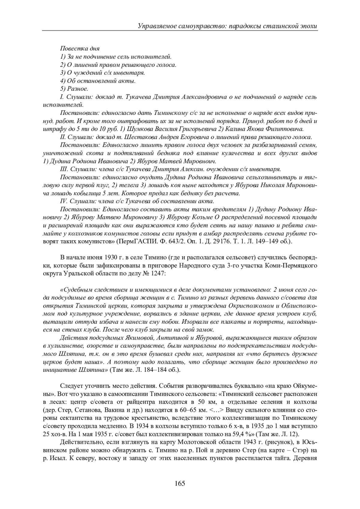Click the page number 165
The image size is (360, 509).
180,483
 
